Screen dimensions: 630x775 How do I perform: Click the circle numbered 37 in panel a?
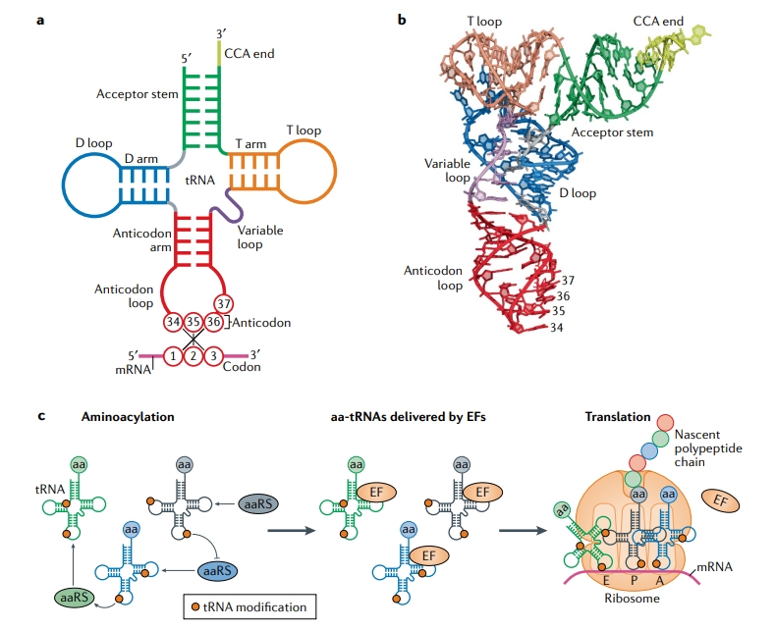click(x=223, y=302)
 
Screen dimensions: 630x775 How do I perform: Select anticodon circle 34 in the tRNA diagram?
click(x=174, y=321)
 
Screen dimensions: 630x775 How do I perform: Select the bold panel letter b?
click(x=402, y=20)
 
